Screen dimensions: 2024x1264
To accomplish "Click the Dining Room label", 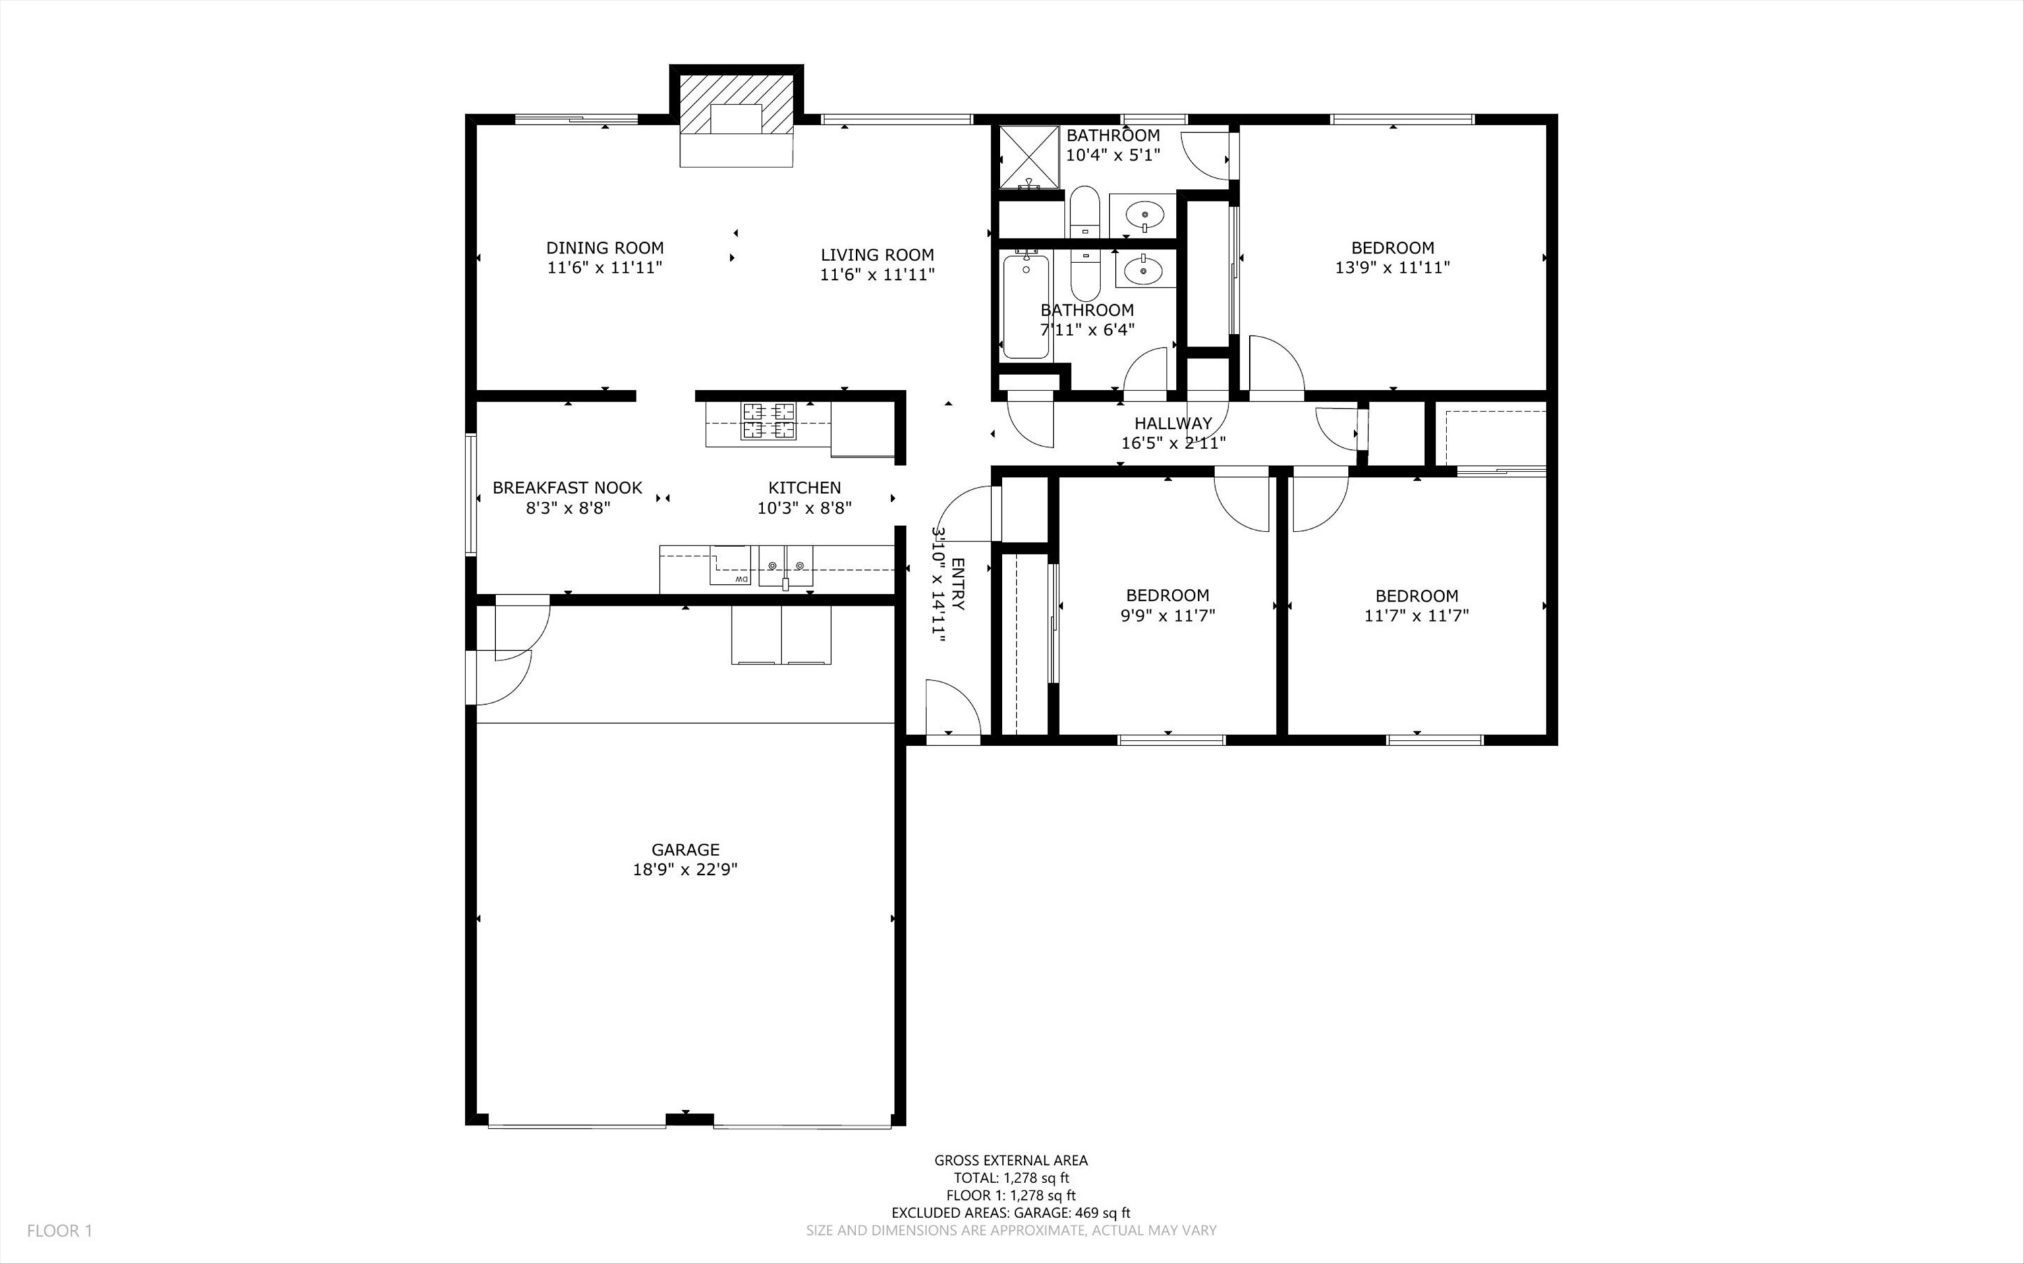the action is pyautogui.click(x=605, y=248).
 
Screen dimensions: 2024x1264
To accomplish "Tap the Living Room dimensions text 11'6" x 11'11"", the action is pyautogui.click(x=877, y=275).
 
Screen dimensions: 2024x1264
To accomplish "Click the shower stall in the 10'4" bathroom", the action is pyautogui.click(x=1029, y=156).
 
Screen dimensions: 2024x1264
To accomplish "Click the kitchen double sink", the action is pyautogui.click(x=786, y=566).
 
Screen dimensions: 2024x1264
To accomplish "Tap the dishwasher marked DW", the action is pyautogui.click(x=730, y=565).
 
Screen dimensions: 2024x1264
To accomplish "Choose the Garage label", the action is pyautogui.click(x=685, y=849).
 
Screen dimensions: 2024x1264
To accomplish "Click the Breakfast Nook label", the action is pyautogui.click(x=567, y=488).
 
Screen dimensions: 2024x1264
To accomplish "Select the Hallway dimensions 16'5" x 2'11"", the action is pyautogui.click(x=1173, y=443).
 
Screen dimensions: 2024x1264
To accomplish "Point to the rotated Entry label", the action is pyautogui.click(x=958, y=583).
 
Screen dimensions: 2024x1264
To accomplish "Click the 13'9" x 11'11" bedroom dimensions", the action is pyautogui.click(x=1393, y=268).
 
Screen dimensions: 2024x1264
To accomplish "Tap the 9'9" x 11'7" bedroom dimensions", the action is pyautogui.click(x=1168, y=615).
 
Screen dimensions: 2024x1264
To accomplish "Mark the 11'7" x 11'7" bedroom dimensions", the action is pyautogui.click(x=1416, y=616).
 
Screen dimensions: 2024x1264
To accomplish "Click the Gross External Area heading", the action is pyautogui.click(x=1011, y=1159).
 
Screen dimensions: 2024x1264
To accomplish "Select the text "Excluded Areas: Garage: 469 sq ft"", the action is pyautogui.click(x=1011, y=1212).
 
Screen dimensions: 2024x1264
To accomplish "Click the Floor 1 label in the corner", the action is pyautogui.click(x=60, y=1230).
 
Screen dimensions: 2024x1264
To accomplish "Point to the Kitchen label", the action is pyautogui.click(x=804, y=488).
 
